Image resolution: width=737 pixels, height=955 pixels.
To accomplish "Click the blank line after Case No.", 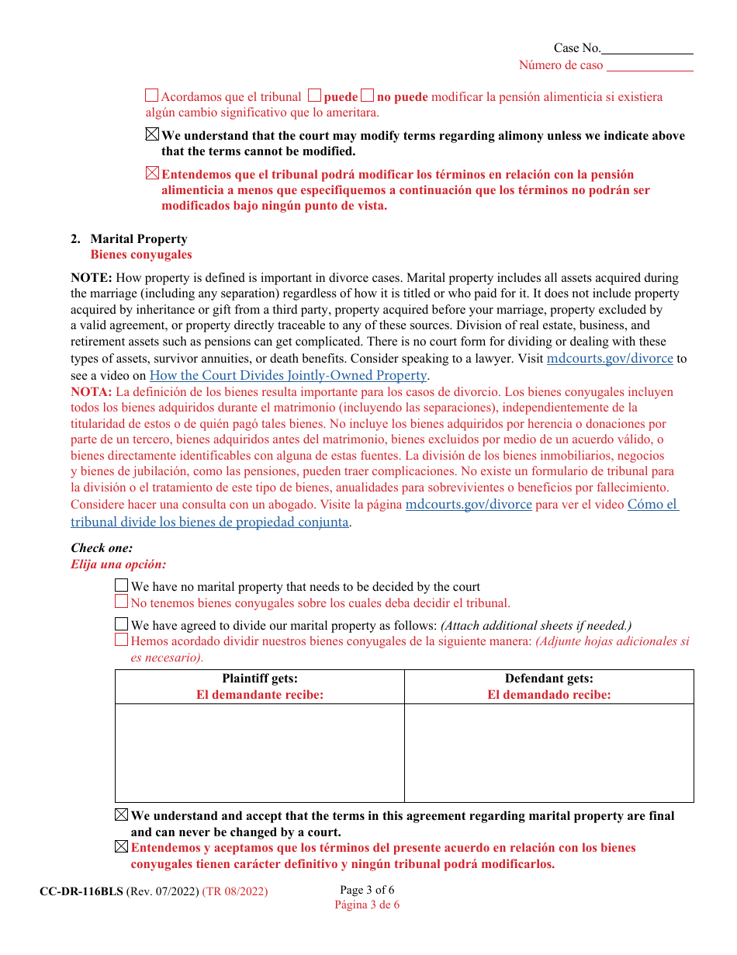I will tap(647, 49).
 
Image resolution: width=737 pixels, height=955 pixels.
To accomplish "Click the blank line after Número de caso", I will tap(649, 66).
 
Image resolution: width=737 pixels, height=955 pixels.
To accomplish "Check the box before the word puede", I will tap(314, 96).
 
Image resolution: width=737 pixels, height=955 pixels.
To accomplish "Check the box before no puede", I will tap(368, 96).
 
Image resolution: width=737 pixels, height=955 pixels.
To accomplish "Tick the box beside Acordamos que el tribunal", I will tap(152, 96).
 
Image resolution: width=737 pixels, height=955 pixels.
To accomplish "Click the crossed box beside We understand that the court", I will tap(152, 135).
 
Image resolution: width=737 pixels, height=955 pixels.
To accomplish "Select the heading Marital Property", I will tap(139, 239).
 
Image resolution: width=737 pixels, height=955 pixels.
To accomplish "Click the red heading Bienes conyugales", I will tap(141, 255).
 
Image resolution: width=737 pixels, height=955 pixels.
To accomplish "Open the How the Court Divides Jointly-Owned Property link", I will tap(288, 375).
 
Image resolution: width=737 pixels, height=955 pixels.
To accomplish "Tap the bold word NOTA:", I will tap(92, 392).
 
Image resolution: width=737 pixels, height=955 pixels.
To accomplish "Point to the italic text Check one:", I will tap(102, 548).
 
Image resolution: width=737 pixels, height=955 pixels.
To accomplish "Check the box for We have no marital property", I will tap(121, 586).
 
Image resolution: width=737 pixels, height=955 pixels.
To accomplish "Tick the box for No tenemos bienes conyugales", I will tap(121, 602).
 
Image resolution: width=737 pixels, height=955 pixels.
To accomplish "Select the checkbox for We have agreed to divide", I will tap(121, 624).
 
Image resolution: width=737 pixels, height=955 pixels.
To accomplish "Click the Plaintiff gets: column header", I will tap(260, 679).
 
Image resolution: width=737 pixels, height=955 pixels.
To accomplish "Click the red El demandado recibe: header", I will tap(548, 695).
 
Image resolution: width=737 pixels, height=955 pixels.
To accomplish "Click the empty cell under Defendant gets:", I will tap(548, 752).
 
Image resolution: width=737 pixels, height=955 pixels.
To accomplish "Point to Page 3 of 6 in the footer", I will tap(367, 890).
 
